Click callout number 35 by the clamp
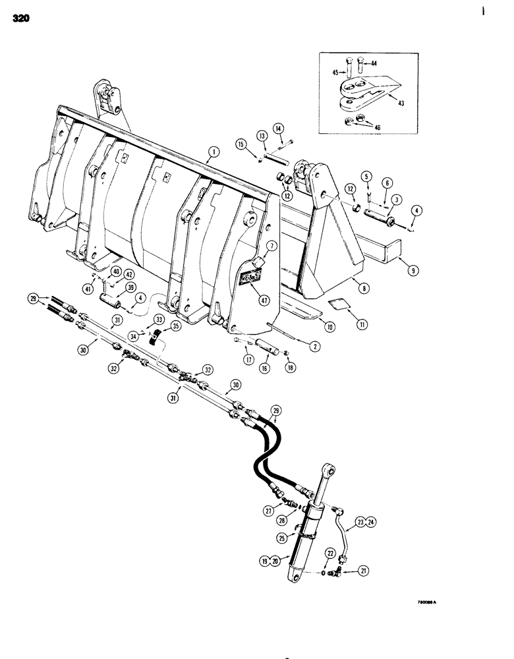click(x=175, y=326)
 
